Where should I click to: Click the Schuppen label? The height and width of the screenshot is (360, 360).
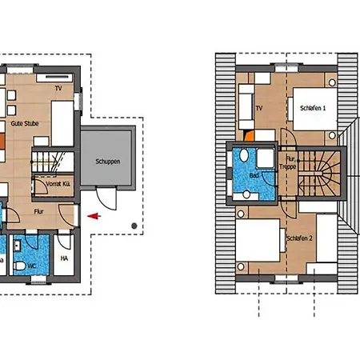coord(107,162)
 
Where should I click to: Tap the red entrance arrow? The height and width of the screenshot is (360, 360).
coord(94,215)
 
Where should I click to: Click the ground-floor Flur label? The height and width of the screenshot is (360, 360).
coord(38,211)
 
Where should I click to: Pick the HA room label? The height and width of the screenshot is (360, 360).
coord(65,258)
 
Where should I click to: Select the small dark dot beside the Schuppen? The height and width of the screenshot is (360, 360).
coord(133,227)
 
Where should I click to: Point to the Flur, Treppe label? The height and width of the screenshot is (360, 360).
coord(288,165)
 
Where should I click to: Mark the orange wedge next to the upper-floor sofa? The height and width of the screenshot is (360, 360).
coord(250,137)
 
